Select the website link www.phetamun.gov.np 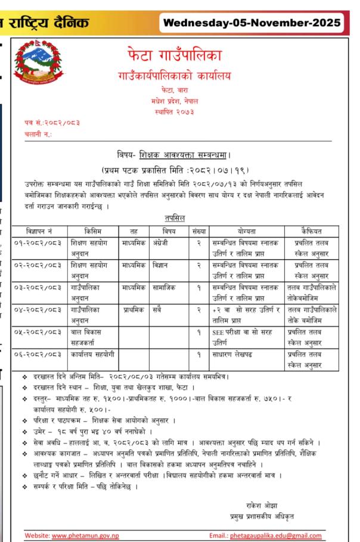coord(86,534)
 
